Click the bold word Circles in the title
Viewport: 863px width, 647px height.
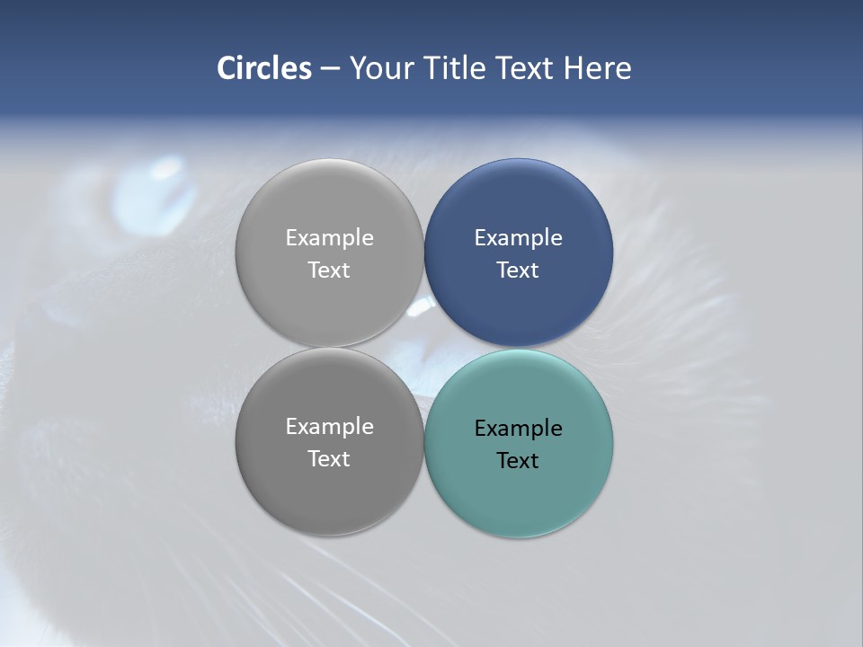pyautogui.click(x=263, y=68)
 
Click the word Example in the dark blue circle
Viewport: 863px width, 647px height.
pyautogui.click(x=519, y=238)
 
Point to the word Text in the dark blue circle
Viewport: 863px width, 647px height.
pyautogui.click(x=518, y=270)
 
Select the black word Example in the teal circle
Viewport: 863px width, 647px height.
pyautogui.click(x=519, y=429)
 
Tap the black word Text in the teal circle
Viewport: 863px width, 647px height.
pyautogui.click(x=518, y=461)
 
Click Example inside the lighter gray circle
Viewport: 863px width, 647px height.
pyautogui.click(x=329, y=238)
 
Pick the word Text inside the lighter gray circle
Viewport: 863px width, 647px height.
pyautogui.click(x=329, y=270)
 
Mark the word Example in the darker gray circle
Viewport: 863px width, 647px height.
pyautogui.click(x=329, y=427)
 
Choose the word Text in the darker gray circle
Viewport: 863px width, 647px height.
pyautogui.click(x=329, y=459)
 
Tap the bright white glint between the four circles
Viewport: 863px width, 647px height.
pyautogui.click(x=420, y=308)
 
